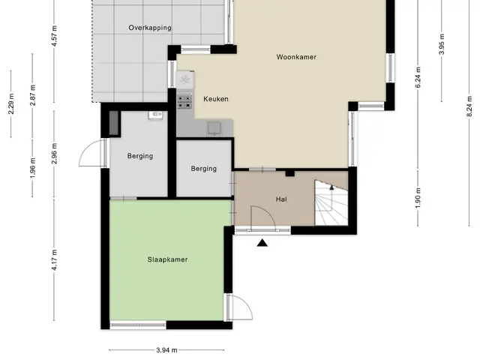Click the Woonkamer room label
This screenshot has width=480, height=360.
coord(296,57)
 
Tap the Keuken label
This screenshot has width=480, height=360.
coord(216,99)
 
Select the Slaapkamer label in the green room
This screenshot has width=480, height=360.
coord(167,259)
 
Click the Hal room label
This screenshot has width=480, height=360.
coord(281,199)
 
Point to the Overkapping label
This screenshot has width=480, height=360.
coord(150,28)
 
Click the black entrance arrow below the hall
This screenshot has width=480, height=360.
coord(262,243)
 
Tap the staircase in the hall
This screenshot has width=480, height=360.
coord(331,202)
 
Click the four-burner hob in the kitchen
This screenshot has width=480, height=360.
coord(185,101)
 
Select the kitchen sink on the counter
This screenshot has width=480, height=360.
coord(215,128)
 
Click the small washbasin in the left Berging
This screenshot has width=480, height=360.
coord(156,115)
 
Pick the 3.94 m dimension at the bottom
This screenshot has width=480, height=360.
coord(166,350)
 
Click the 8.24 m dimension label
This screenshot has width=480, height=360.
coord(469,106)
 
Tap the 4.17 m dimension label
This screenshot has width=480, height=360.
coord(54,260)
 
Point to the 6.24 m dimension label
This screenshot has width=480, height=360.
coord(418,76)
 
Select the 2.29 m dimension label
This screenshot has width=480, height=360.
coord(11,103)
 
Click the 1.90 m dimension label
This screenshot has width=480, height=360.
coord(418,198)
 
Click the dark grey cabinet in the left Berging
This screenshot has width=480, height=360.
coord(113,122)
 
